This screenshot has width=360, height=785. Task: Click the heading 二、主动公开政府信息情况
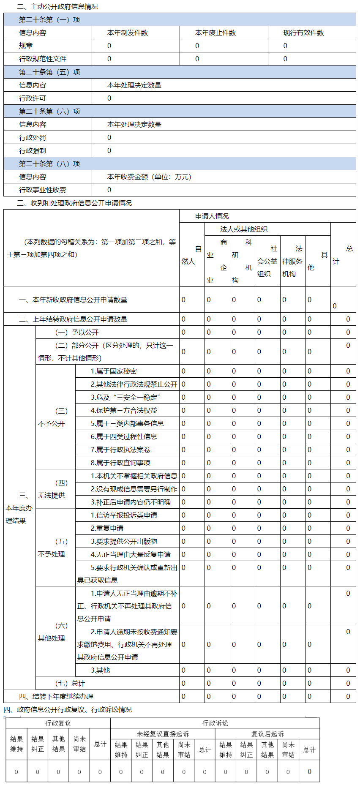(57, 7)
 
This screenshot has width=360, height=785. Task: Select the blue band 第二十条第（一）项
(49, 20)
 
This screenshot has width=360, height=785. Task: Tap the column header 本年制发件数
(128, 33)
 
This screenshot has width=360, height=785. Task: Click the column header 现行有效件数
(303, 33)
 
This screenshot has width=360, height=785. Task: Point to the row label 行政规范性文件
(43, 59)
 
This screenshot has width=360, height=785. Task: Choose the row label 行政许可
(33, 98)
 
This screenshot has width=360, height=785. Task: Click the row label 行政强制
(33, 151)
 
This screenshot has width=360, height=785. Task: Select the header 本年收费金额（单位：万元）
(149, 177)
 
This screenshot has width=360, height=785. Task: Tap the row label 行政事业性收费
(43, 190)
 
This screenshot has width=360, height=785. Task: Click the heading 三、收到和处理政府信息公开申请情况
(74, 203)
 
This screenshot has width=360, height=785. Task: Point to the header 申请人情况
(212, 216)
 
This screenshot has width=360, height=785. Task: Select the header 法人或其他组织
(244, 229)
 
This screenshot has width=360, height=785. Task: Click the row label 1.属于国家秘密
(114, 371)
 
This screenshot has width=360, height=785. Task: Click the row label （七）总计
(70, 684)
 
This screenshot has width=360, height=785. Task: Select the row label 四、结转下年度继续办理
(56, 697)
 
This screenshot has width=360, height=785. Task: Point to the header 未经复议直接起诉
(163, 734)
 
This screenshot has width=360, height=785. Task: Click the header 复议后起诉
(267, 734)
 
